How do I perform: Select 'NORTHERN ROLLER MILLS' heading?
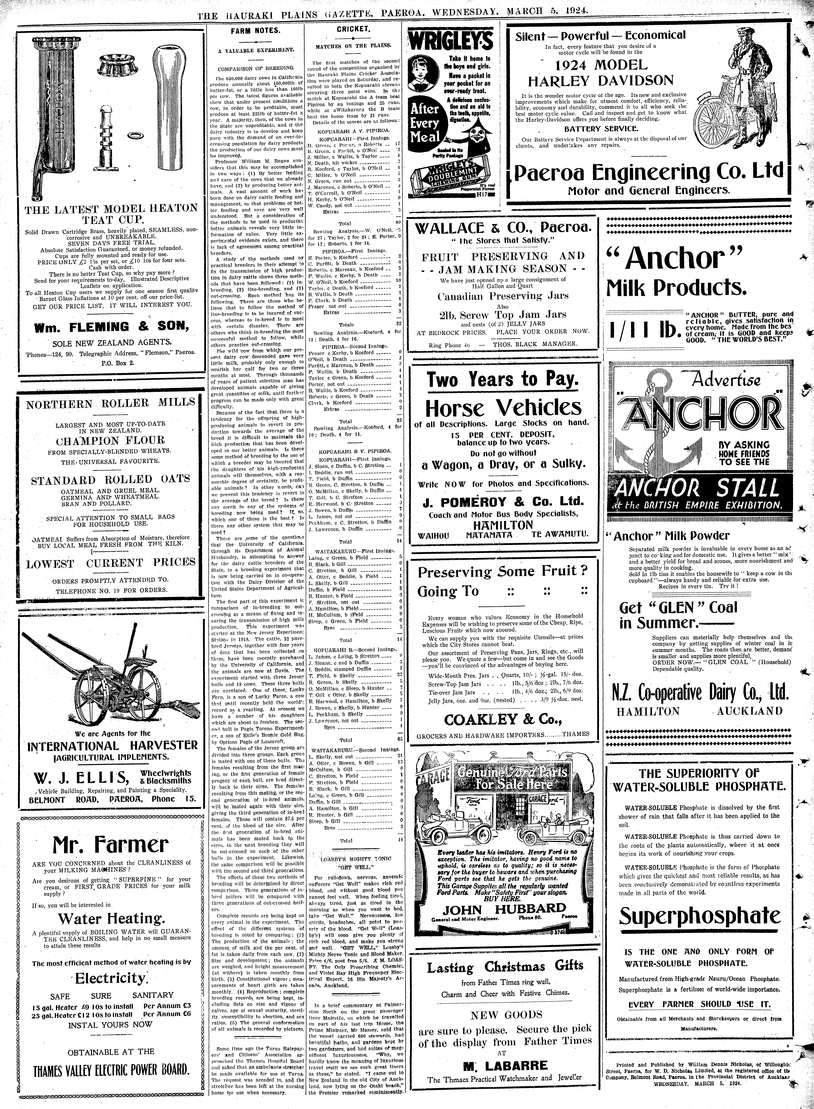coord(111,403)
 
